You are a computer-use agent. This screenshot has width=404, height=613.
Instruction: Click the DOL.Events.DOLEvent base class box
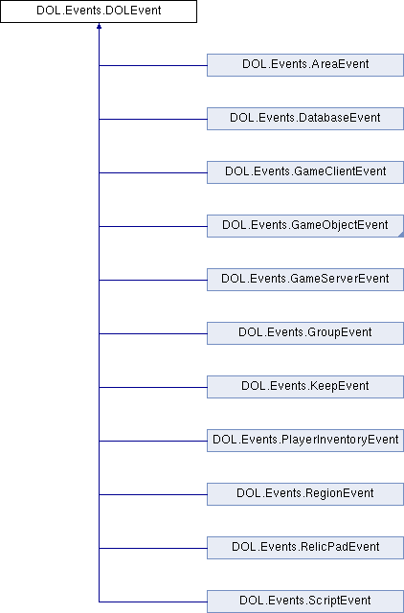click(99, 11)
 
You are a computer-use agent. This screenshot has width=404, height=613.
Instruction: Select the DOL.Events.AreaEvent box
click(305, 65)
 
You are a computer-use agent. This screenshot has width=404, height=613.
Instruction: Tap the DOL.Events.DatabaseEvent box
click(305, 119)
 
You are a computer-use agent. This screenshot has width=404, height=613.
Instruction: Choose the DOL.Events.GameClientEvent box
click(305, 172)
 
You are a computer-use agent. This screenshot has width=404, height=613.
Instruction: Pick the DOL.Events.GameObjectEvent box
click(305, 226)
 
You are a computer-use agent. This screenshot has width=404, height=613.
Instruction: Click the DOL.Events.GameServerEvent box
click(305, 280)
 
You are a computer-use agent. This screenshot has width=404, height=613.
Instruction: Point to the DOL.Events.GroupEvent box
click(305, 333)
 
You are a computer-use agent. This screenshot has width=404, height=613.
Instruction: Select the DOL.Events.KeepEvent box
click(305, 387)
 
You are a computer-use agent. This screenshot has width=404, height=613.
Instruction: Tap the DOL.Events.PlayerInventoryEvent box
click(305, 441)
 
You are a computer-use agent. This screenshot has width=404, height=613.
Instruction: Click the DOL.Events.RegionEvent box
click(305, 494)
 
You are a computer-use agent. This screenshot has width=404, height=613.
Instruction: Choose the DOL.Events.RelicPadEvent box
click(305, 547)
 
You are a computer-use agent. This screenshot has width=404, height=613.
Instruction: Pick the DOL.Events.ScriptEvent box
click(305, 602)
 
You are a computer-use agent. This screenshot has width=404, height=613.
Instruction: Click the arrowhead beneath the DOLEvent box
click(99, 26)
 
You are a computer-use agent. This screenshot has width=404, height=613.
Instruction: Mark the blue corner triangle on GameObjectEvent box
click(401, 234)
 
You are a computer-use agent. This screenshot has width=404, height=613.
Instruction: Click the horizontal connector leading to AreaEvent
click(153, 65)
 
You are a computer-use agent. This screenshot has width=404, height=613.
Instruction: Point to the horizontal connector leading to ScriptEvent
click(153, 602)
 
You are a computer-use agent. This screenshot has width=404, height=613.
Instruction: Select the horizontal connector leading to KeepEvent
click(153, 387)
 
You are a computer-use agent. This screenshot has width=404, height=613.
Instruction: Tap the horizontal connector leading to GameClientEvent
click(153, 172)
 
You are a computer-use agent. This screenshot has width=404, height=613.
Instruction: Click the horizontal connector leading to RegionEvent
click(153, 494)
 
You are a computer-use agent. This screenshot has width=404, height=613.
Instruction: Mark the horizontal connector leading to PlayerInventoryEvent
click(153, 441)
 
